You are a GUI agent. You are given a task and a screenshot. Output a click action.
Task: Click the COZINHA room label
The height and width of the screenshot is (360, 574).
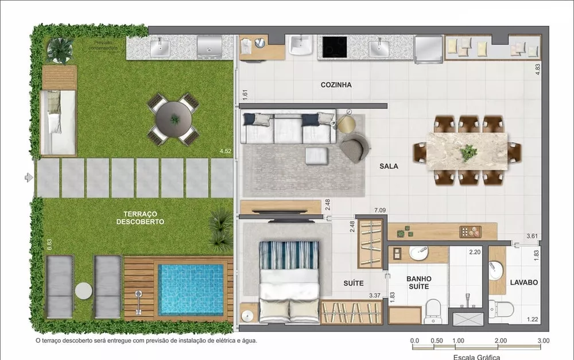[336, 85]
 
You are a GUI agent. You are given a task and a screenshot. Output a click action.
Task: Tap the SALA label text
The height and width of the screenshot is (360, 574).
[389, 167]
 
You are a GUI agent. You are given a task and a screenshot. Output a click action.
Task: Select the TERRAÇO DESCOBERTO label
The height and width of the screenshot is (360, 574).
[140, 217]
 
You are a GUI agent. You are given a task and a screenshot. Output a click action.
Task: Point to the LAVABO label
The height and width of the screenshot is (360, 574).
[523, 282]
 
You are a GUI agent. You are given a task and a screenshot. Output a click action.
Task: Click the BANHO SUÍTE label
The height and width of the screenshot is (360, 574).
[419, 282]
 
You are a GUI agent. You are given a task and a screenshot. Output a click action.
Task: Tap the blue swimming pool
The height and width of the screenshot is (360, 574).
[191, 285]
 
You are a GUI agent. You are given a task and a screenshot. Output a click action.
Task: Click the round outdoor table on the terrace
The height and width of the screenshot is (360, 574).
[174, 119]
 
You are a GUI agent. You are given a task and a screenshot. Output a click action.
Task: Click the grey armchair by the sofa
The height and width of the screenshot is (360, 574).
[353, 148]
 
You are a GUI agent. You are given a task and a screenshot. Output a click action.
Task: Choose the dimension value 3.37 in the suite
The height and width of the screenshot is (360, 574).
[375, 296]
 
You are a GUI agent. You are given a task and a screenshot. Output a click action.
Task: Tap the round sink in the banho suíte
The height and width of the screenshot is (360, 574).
[418, 253]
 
